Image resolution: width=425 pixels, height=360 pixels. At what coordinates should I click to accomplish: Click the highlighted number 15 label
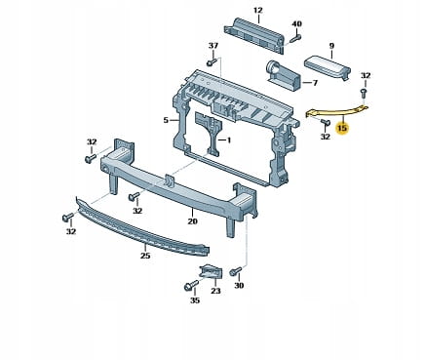tap(342, 128)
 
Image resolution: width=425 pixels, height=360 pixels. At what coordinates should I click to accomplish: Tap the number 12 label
tap(257, 10)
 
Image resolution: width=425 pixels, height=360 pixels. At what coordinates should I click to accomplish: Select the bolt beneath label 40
tap(295, 38)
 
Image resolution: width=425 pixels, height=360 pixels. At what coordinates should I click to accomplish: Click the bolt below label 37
tap(212, 61)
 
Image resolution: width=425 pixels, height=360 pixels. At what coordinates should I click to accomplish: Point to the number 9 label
tap(331, 46)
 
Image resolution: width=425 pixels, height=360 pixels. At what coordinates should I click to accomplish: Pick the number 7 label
tap(315, 83)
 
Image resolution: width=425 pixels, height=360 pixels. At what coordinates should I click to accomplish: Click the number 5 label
tap(166, 120)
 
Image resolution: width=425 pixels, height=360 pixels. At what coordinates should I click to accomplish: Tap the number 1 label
tap(229, 140)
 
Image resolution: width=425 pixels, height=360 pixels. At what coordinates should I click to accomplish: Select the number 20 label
tap(192, 221)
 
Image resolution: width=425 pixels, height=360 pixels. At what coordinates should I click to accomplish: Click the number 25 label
tap(145, 256)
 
